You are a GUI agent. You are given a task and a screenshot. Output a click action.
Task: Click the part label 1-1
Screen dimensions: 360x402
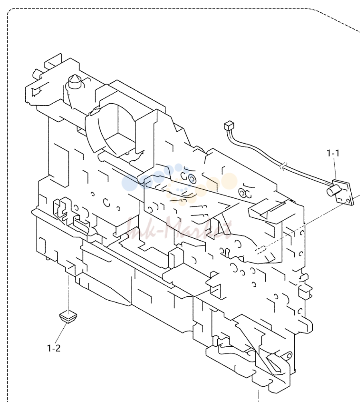tap(333, 153)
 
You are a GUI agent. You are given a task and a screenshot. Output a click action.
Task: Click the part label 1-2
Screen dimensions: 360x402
tap(54, 348)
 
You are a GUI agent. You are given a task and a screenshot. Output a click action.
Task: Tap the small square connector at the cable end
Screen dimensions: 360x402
tap(229, 125)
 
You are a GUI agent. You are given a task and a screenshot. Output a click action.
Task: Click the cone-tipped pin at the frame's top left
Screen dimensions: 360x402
tap(75, 82)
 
